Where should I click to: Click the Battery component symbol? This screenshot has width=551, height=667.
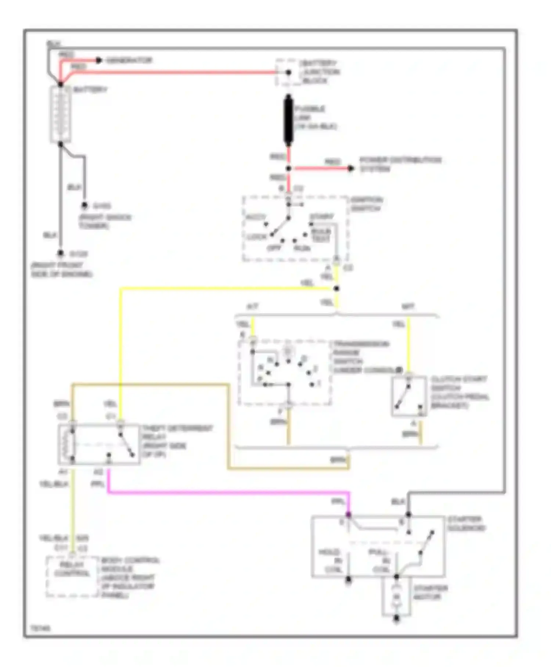pyautogui.click(x=61, y=114)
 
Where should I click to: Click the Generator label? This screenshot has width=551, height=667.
pyautogui.click(x=129, y=60)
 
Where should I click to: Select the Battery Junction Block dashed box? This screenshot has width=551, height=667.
pyautogui.click(x=289, y=72)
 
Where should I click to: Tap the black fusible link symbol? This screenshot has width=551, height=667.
pyautogui.click(x=289, y=120)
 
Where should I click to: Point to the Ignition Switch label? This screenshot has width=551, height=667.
pyautogui.click(x=367, y=204)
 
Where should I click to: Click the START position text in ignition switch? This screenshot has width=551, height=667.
pyautogui.click(x=322, y=217)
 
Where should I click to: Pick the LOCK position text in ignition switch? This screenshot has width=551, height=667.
pyautogui.click(x=257, y=237)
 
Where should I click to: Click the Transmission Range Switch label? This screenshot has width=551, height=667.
pyautogui.click(x=360, y=357)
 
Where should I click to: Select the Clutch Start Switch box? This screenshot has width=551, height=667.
pyautogui.click(x=409, y=396)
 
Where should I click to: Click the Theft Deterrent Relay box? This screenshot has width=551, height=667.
pyautogui.click(x=99, y=444)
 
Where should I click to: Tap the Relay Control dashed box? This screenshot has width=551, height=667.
pyautogui.click(x=72, y=576)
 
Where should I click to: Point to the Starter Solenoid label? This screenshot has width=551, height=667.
pyautogui.click(x=466, y=524)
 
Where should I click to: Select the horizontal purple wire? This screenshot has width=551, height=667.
pyautogui.click(x=228, y=492)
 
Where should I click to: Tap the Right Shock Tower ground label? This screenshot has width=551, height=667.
pyautogui.click(x=105, y=221)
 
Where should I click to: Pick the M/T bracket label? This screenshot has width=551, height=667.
pyautogui.click(x=408, y=307)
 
